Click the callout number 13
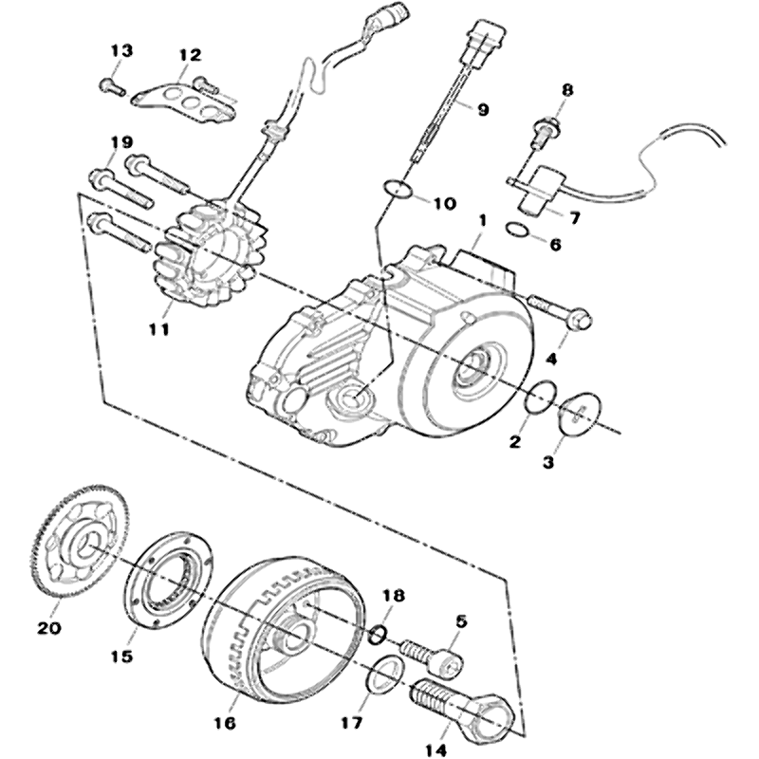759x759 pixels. (123, 50)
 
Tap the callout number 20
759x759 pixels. (48, 627)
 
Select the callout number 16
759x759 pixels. (225, 723)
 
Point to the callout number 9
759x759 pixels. (483, 109)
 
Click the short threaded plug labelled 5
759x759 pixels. (430, 653)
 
